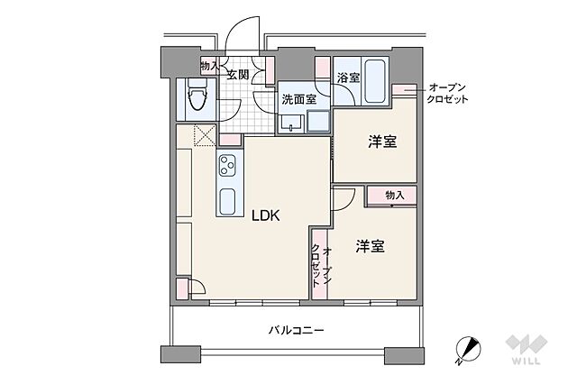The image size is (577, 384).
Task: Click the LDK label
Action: click(266, 215)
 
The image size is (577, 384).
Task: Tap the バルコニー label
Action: click(295, 331)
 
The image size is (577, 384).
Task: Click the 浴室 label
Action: click(348, 78)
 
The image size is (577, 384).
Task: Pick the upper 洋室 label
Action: click(382, 142)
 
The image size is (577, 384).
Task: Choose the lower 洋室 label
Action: click(370, 246)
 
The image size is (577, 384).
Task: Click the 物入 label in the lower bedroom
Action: click(394, 195)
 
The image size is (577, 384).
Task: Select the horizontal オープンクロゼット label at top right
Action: click(448, 93)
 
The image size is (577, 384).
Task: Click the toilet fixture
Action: click(197, 96)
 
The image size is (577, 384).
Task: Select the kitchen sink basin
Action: click(227, 200)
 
